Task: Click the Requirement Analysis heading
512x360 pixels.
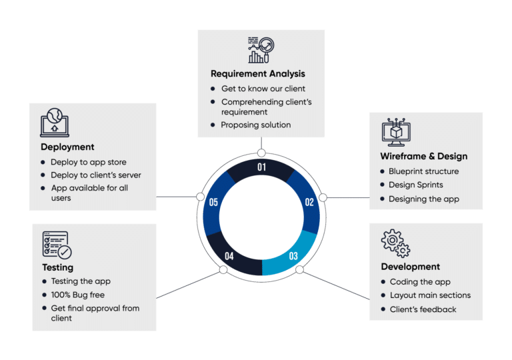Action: pos(257,73)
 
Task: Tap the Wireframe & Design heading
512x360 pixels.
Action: pos(423,156)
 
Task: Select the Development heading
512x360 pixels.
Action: pos(410,267)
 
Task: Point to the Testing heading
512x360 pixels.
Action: pos(57,267)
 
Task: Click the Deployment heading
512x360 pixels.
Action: pos(67,147)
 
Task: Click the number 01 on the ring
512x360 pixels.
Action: pos(261,167)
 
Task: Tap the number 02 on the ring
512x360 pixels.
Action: pos(309,202)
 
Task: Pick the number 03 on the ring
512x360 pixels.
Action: pos(293,255)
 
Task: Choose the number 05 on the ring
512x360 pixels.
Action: pos(213,202)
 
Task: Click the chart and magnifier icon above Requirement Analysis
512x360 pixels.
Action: pos(261,50)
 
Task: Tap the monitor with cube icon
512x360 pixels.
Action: pos(395,132)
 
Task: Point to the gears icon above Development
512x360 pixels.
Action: pos(395,243)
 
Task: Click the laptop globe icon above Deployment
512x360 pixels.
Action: pos(55,122)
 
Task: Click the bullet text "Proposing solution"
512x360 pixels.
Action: pos(255,125)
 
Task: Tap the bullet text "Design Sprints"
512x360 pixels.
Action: pos(416,185)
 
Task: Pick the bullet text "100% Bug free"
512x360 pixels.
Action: pos(77,295)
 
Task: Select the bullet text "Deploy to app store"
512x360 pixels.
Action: pos(88,162)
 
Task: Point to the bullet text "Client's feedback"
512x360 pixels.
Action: pos(423,309)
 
